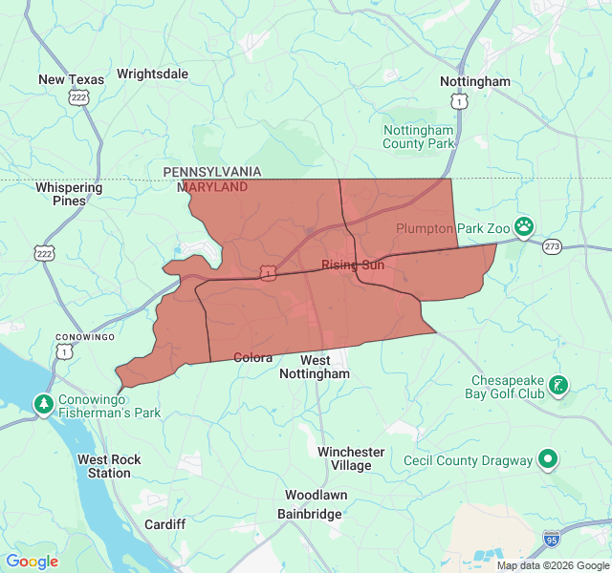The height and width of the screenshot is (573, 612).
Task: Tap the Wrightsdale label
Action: pyautogui.click(x=152, y=74)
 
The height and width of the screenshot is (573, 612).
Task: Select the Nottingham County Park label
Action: pyautogui.click(x=419, y=137)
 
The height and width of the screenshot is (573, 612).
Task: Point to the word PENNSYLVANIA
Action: pyautogui.click(x=211, y=171)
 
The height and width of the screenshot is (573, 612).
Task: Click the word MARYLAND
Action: pyautogui.click(x=211, y=187)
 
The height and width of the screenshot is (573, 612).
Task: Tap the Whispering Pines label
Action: pyautogui.click(x=69, y=194)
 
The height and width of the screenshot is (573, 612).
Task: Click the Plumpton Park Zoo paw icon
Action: pyautogui.click(x=524, y=226)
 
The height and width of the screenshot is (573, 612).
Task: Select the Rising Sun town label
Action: pyautogui.click(x=352, y=265)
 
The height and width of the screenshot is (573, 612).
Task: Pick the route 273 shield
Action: pyautogui.click(x=552, y=246)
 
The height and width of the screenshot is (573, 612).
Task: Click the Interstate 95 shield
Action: pyautogui.click(x=551, y=540)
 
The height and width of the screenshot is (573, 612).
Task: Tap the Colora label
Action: pyautogui.click(x=253, y=358)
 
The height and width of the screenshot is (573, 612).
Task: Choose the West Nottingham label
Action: pyautogui.click(x=315, y=367)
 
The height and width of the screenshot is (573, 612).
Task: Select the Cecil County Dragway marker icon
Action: pyautogui.click(x=548, y=460)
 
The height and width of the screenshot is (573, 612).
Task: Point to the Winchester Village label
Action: pyautogui.click(x=351, y=458)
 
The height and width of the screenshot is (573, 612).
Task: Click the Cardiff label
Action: pyautogui.click(x=164, y=524)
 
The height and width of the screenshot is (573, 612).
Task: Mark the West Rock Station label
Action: pyautogui.click(x=109, y=466)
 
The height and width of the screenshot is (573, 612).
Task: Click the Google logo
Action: pyautogui.click(x=32, y=562)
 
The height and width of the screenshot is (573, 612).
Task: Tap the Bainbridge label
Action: pyautogui.click(x=309, y=514)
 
